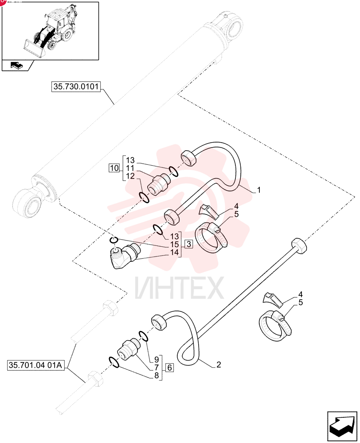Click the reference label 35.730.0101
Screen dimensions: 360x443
click(x=76, y=86)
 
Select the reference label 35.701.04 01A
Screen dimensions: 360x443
click(x=35, y=365)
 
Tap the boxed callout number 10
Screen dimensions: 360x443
click(x=114, y=168)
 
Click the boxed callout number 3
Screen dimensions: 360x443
click(x=188, y=244)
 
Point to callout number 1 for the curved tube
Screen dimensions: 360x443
click(x=258, y=190)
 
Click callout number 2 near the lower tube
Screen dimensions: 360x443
click(x=219, y=365)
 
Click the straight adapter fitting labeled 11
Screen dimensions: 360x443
click(x=159, y=185)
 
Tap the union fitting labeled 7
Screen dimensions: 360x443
click(x=129, y=350)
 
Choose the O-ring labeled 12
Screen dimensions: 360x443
click(x=144, y=197)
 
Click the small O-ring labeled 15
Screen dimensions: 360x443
click(x=113, y=240)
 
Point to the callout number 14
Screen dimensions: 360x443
click(x=175, y=252)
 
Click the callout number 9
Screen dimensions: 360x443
click(x=157, y=360)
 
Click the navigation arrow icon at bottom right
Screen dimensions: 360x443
click(x=342, y=426)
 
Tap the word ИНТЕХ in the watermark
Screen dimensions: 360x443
click(x=180, y=288)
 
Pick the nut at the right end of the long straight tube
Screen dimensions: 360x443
click(x=298, y=247)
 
